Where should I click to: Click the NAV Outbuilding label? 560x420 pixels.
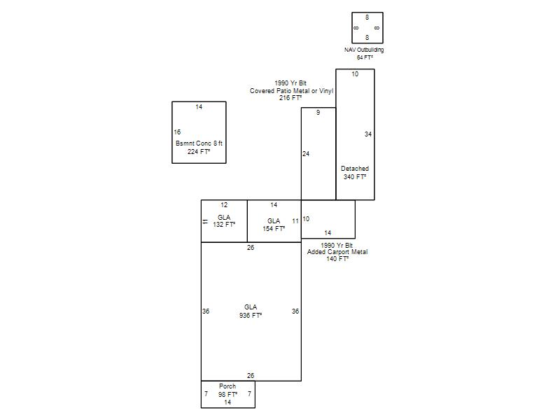(x=364, y=50)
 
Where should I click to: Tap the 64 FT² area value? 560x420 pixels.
(x=365, y=57)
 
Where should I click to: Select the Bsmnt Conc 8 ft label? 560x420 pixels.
(x=199, y=143)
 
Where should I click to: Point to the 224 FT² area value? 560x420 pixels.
(x=199, y=151)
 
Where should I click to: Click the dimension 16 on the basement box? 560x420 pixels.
(x=177, y=132)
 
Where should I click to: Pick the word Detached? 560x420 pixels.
(x=355, y=169)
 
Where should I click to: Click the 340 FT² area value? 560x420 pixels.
(x=355, y=177)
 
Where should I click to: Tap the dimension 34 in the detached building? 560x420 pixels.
(x=368, y=134)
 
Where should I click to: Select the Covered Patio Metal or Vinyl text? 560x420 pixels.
(x=291, y=91)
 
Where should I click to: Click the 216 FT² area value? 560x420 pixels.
(x=290, y=97)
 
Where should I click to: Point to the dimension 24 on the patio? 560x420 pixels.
(x=306, y=154)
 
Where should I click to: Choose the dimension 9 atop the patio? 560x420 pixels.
(x=318, y=113)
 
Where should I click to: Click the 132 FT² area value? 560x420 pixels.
(x=224, y=224)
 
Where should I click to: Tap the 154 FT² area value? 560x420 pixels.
(x=274, y=229)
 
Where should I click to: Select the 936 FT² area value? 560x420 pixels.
(x=251, y=316)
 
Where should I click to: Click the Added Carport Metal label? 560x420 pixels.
(x=337, y=252)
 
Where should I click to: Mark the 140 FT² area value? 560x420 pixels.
(x=337, y=258)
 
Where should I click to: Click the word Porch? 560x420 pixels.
(x=227, y=386)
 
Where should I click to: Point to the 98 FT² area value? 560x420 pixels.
(x=227, y=394)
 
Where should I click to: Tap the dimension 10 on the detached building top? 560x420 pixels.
(x=355, y=74)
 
